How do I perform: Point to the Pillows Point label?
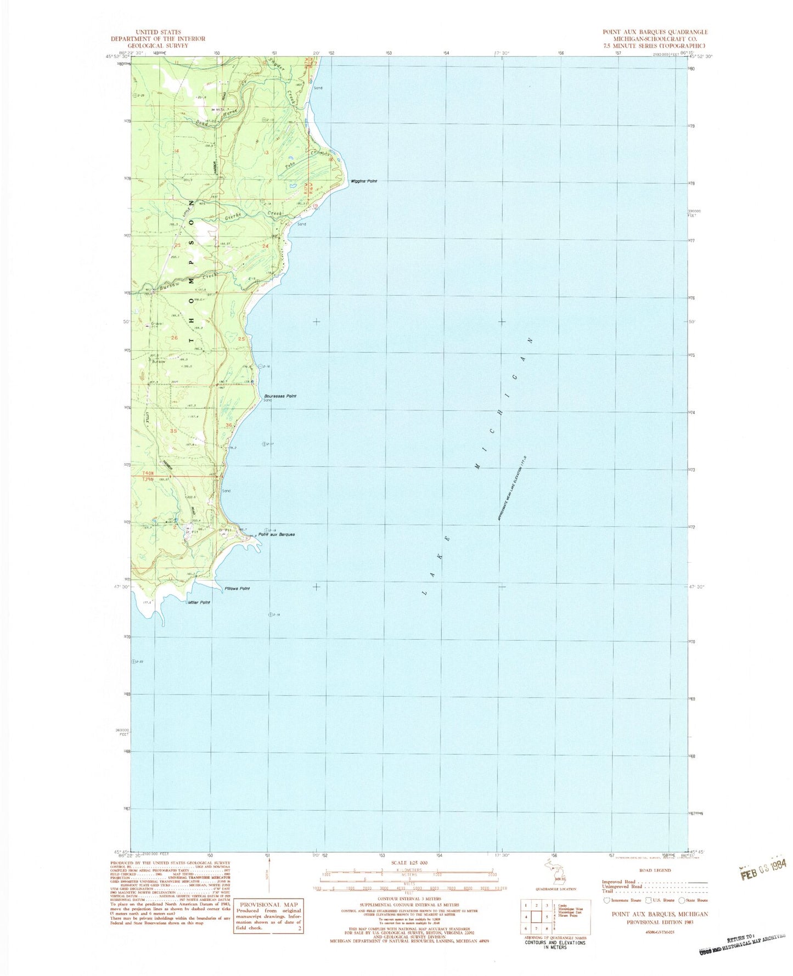pos(237,589)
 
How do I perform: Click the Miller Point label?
pos(199,602)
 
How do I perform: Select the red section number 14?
pos(176,151)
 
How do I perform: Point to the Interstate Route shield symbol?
pos(606,900)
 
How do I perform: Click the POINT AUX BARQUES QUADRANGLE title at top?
pos(655,32)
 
